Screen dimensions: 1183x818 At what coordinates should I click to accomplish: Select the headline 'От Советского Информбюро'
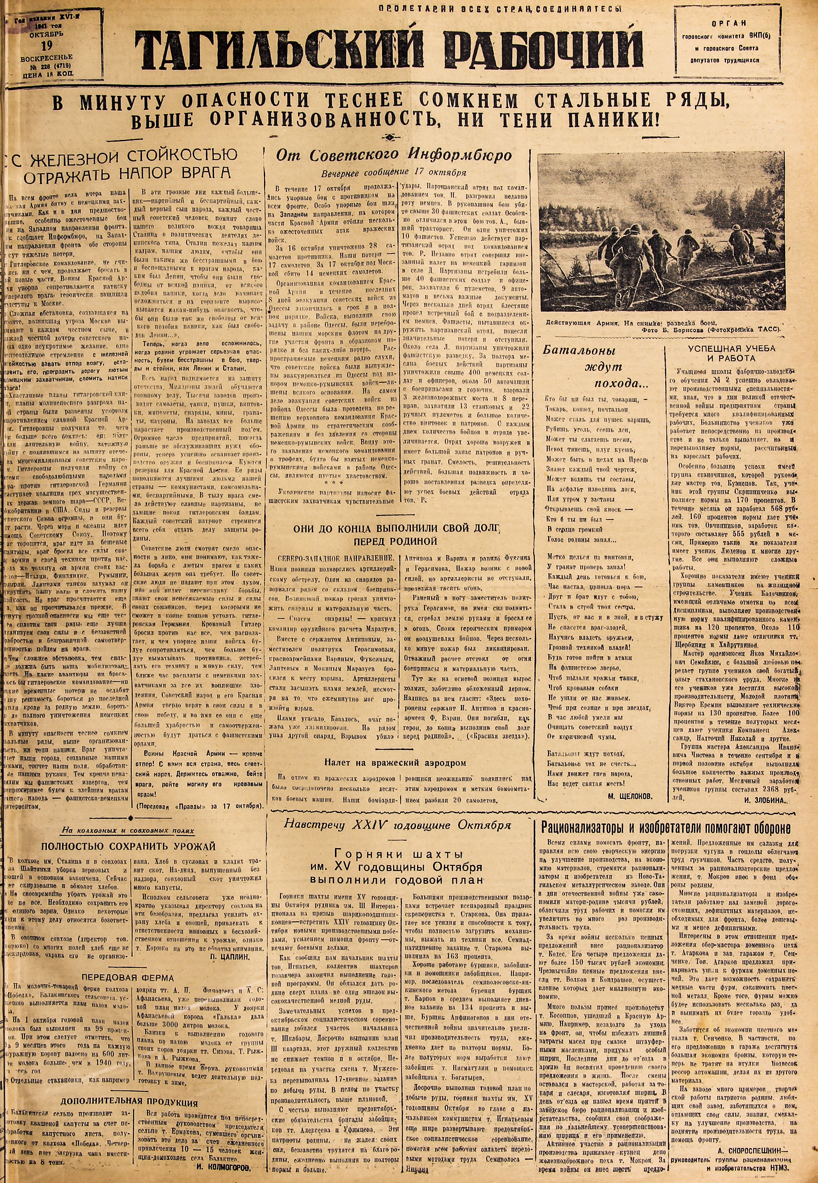(396, 155)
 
